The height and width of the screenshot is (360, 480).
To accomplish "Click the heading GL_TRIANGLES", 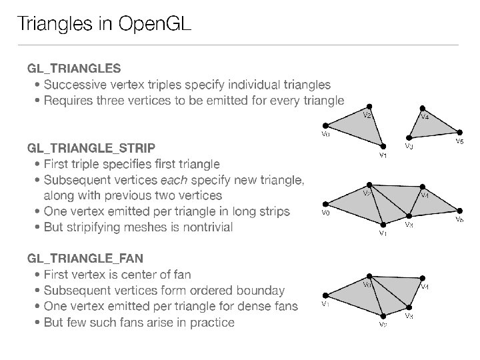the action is coord(73,68).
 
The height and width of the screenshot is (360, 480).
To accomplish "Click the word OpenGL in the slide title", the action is coord(155,25).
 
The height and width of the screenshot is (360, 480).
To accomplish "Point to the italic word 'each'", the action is coord(172,180).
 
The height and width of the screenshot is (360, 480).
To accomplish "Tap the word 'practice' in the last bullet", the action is coord(210,323).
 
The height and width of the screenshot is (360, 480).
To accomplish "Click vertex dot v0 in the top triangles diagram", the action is coord(325,125).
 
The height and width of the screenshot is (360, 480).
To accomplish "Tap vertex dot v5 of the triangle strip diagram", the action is coord(459,211).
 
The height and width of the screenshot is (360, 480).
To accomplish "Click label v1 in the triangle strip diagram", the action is coord(383,234).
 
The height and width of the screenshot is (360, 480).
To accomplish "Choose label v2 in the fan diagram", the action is coord(383,325).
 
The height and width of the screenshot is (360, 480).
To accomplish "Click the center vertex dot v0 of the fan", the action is coord(370,275).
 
